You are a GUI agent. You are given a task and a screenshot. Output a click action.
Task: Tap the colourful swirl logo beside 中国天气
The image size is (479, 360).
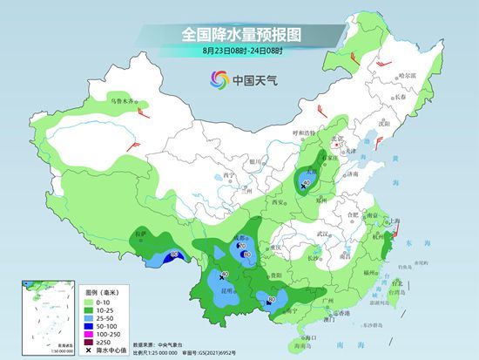pos(218,81)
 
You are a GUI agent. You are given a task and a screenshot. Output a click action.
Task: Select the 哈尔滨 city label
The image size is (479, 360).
pos(408,78)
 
